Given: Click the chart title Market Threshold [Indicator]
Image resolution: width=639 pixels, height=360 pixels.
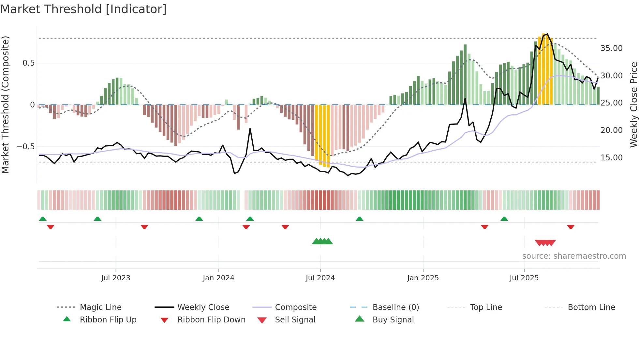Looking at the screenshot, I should pyautogui.click(x=83, y=9).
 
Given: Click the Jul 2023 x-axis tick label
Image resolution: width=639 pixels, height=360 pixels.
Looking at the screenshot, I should pyautogui.click(x=115, y=278).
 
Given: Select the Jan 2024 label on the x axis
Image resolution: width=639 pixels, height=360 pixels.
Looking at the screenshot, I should pyautogui.click(x=218, y=278).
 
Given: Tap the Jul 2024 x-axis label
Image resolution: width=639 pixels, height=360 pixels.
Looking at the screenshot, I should pyautogui.click(x=320, y=278).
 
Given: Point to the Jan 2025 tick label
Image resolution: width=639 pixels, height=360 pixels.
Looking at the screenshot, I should pyautogui.click(x=423, y=278).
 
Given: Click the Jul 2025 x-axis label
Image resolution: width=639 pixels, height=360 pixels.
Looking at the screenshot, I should pyautogui.click(x=524, y=278).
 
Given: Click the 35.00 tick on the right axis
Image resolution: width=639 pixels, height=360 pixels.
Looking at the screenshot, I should pyautogui.click(x=611, y=48).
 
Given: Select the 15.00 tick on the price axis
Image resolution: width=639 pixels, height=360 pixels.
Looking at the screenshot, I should pyautogui.click(x=611, y=158).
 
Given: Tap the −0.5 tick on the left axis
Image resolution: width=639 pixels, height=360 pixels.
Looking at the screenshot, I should pyautogui.click(x=25, y=147).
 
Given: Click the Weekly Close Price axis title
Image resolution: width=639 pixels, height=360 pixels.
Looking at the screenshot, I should pyautogui.click(x=633, y=105).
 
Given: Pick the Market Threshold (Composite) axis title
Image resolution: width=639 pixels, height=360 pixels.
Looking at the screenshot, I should pyautogui.click(x=5, y=105).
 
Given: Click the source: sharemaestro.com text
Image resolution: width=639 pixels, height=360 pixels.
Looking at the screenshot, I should pyautogui.click(x=574, y=256).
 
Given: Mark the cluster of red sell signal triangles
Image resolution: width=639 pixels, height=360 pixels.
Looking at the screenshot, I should pyautogui.click(x=545, y=243).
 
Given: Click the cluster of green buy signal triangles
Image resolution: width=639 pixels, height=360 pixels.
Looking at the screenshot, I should pyautogui.click(x=322, y=241).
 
